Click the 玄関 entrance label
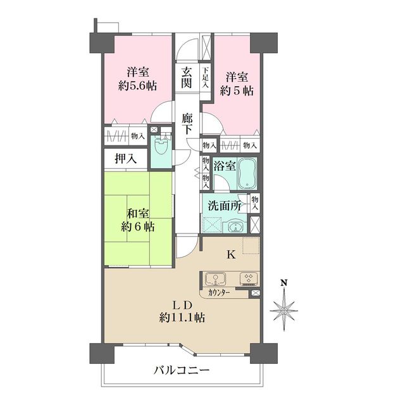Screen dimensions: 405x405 (x=187, y=77)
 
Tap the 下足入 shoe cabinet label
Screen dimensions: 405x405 (x=205, y=77)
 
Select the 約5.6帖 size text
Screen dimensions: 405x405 (x=138, y=86)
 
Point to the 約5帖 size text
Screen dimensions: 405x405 (x=237, y=91)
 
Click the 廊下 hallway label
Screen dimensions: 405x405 (x=187, y=124)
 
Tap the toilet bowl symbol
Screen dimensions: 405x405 (x=161, y=145)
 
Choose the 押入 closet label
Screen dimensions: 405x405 (x=126, y=159)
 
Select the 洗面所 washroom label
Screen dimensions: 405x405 (x=225, y=206)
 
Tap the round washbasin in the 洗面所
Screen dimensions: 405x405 (x=235, y=227)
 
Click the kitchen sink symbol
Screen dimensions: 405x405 (x=215, y=279)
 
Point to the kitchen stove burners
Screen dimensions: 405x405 (x=249, y=278)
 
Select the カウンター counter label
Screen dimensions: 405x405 (x=219, y=292)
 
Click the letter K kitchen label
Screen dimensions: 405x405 (x=231, y=255)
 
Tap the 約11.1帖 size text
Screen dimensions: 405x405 (x=182, y=318)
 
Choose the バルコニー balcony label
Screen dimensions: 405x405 (x=182, y=370)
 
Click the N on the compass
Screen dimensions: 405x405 (x=284, y=282)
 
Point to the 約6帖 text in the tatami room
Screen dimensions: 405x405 (x=138, y=227)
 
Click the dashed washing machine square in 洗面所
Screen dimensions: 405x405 (x=213, y=225)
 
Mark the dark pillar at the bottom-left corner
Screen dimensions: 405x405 (x=102, y=353)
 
